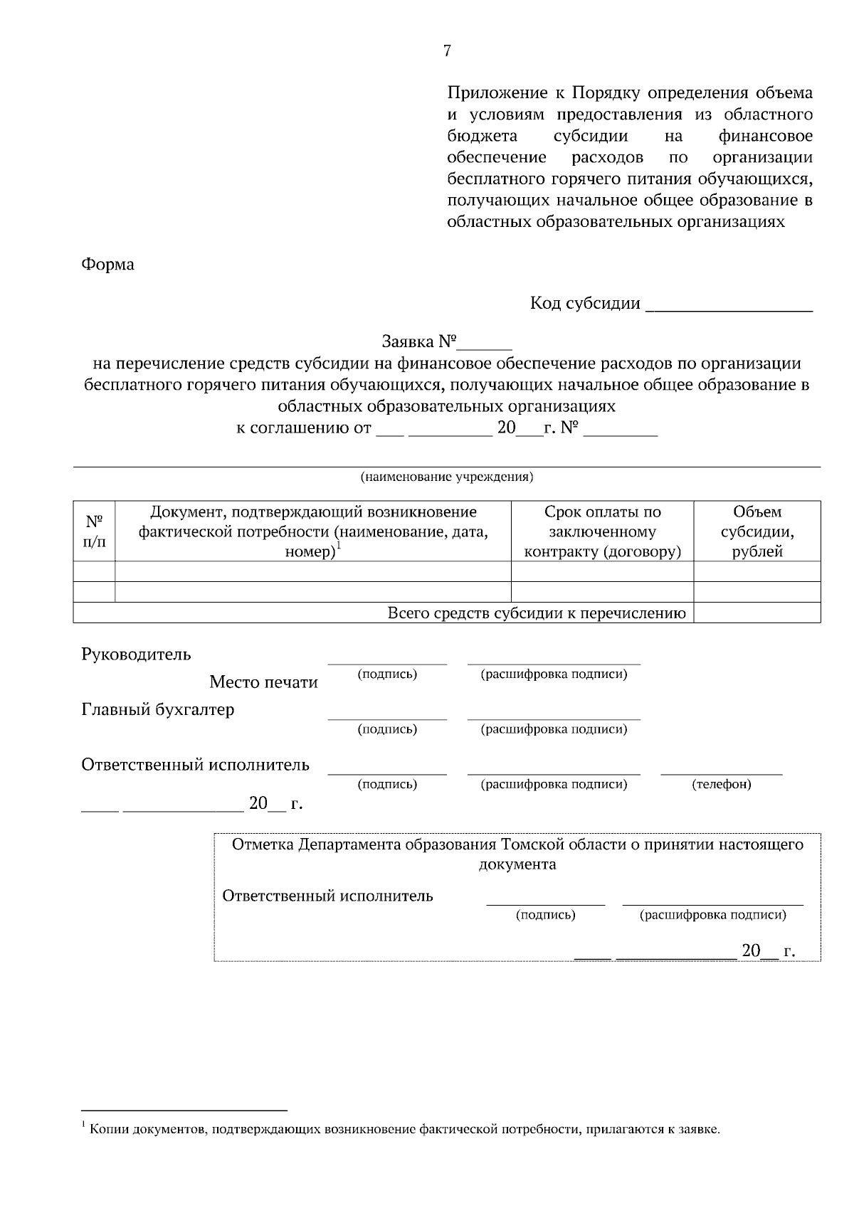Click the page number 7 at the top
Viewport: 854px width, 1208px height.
pos(447,51)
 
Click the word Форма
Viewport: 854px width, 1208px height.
pos(107,265)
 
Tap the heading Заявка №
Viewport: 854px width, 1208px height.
pos(418,342)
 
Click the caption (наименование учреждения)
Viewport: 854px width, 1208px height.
pos(447,477)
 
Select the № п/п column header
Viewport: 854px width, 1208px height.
pos(94,531)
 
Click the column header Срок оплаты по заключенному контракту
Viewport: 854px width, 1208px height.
pos(602,531)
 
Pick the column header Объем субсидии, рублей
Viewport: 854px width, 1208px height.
pos(757,531)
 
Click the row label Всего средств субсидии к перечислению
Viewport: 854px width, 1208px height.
pos(537,613)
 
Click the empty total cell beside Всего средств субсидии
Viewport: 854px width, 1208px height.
pos(757,613)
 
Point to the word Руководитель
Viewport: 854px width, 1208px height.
pos(136,654)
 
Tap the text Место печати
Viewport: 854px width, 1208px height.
pos(263,682)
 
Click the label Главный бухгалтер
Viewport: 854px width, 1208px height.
pos(157,709)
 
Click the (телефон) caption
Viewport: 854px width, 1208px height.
pos(722,785)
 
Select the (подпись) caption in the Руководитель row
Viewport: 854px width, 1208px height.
pos(387,674)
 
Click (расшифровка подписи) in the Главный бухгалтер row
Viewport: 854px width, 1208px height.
pos(554,729)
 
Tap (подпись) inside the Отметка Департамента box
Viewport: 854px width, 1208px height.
pos(545,916)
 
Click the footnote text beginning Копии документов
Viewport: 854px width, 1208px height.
pos(405,1129)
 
